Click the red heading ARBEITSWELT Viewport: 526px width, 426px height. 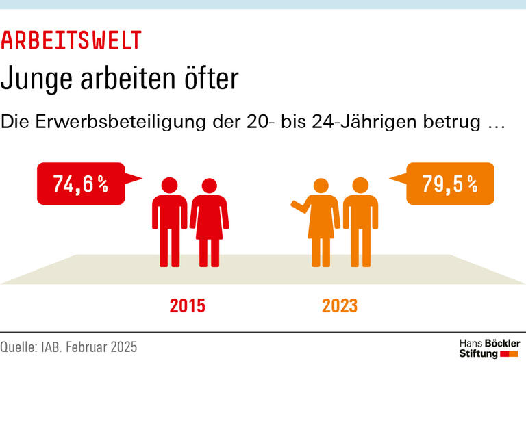pyautogui.click(x=71, y=40)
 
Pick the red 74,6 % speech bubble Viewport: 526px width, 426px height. pyautogui.click(x=81, y=184)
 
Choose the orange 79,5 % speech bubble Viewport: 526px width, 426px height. pyautogui.click(x=449, y=184)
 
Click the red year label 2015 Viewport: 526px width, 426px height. pyautogui.click(x=187, y=305)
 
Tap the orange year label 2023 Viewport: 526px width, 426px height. pyautogui.click(x=340, y=305)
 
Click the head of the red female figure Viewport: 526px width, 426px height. pyautogui.click(x=210, y=185)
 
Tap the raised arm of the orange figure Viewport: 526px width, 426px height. pyautogui.click(x=299, y=205)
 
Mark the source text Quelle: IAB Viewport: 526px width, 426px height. pyautogui.click(x=31, y=347)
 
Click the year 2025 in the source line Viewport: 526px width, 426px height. pyautogui.click(x=123, y=347)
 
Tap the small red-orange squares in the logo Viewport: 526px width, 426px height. pyautogui.click(x=510, y=354)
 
